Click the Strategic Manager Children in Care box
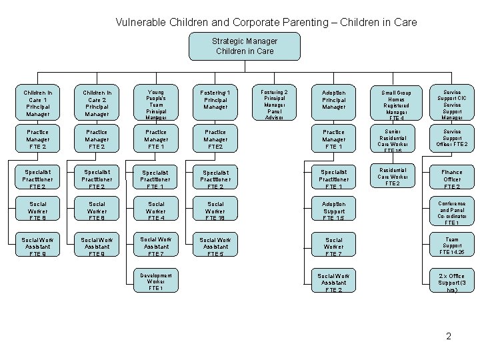pyautogui.click(x=245, y=46)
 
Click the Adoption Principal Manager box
pyautogui.click(x=333, y=101)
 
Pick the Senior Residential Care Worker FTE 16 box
pyautogui.click(x=393, y=139)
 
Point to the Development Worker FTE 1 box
pyautogui.click(x=156, y=280)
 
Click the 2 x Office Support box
pyautogui.click(x=452, y=283)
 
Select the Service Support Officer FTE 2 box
pyautogui.click(x=452, y=139)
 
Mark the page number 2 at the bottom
pyautogui.click(x=449, y=336)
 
